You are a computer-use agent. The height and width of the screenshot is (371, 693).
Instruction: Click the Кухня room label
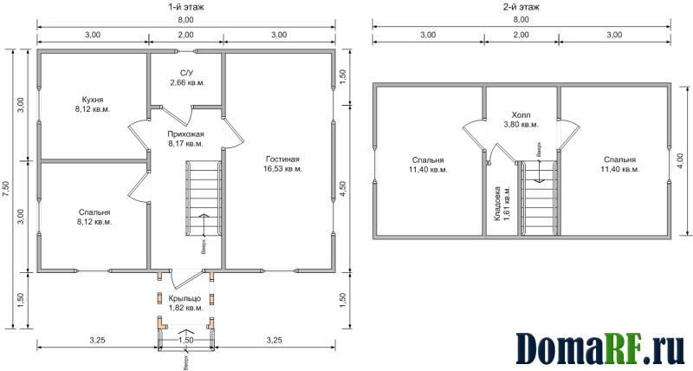coord(93,100)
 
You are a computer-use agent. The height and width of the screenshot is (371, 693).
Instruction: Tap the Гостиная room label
coord(283,159)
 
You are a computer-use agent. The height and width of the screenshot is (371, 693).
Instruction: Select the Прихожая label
coord(185,134)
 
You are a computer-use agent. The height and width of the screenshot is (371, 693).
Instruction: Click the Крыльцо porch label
coord(185,298)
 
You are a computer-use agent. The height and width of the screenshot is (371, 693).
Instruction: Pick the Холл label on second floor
coord(521,115)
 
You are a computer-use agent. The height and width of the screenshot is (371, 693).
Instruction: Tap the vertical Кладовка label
coord(497,204)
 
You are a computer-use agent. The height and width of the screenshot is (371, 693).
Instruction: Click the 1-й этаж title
coord(185,7)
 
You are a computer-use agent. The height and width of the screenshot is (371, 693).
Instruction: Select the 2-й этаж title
coord(521,7)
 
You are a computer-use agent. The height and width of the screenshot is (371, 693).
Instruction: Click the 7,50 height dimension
coord(6,190)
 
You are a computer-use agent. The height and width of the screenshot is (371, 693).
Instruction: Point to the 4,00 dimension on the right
coord(680,162)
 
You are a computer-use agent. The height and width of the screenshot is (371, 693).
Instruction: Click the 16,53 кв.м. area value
coord(283,169)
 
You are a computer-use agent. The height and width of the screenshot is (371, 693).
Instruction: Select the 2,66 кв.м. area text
coord(187,82)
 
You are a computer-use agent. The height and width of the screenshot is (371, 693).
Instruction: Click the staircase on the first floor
coord(203,198)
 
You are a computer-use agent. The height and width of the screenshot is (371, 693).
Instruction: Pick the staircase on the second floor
coord(538,198)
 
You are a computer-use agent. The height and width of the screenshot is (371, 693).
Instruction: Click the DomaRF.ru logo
coord(600,348)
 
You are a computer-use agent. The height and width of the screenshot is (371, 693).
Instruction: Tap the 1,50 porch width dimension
coord(185,340)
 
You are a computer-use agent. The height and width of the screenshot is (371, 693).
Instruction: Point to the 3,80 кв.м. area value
coord(521,125)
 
